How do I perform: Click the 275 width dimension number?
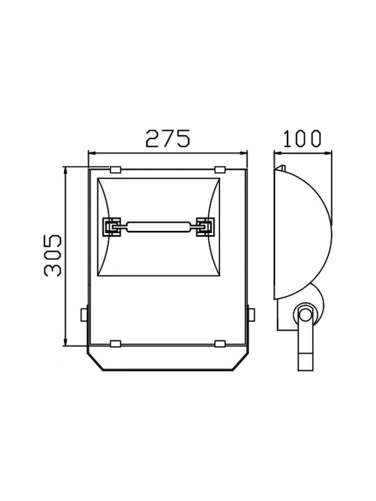tap(169, 138)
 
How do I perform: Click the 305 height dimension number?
tap(52, 255)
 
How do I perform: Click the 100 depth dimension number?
tap(302, 138)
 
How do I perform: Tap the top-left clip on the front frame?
tap(115, 169)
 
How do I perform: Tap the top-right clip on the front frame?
tap(220, 169)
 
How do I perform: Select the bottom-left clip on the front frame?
tap(115, 344)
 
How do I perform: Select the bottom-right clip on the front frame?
tap(220, 344)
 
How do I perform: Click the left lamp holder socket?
tap(111, 227)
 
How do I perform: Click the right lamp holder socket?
tap(205, 227)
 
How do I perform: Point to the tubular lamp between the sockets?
tap(159, 227)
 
